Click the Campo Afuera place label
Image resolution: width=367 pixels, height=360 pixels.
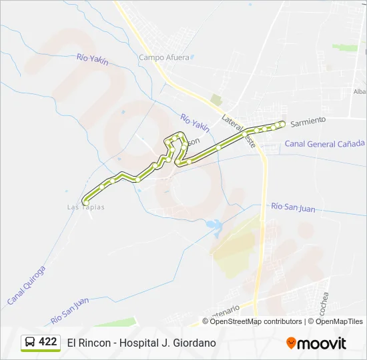[x=161, y=57]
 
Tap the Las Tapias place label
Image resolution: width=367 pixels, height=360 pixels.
[x=85, y=207]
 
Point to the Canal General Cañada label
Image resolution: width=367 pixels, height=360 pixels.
[x=325, y=143]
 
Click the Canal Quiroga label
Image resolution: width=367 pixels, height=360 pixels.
[x=26, y=285]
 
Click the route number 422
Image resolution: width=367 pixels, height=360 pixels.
[x=48, y=342]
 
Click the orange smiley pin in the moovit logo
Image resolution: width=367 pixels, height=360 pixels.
[x=291, y=343]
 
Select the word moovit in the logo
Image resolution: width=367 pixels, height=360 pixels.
[x=322, y=343]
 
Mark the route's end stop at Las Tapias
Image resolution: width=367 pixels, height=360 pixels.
[x=85, y=202]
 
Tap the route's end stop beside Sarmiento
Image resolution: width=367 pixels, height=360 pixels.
[x=282, y=123]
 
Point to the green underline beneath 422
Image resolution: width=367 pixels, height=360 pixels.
[x=41, y=351]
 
